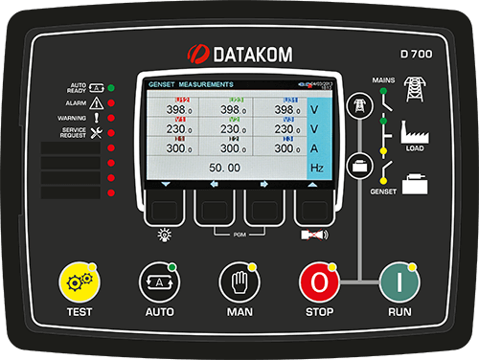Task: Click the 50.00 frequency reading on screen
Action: tap(225, 168)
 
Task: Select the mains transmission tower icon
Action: tap(416, 89)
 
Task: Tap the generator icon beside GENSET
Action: tap(416, 182)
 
